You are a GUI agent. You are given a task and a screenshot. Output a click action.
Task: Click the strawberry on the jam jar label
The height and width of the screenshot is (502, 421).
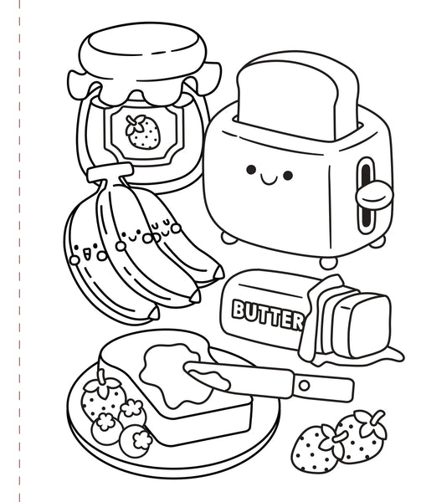click(142, 131)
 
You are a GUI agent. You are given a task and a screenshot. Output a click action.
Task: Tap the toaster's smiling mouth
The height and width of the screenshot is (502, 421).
click(270, 177)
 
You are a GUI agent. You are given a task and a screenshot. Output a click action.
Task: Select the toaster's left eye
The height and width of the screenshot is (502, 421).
click(250, 171)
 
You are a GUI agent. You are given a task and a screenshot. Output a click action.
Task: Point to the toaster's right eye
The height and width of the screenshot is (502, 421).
click(289, 176)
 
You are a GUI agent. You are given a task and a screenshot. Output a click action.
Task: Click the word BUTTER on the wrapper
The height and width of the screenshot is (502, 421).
click(268, 314)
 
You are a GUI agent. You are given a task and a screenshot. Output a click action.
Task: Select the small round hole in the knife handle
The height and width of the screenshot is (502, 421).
click(304, 386)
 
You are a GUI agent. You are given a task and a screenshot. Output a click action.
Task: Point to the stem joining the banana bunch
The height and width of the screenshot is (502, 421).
click(109, 173)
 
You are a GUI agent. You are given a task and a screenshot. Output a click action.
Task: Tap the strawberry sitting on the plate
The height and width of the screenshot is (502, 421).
click(100, 397)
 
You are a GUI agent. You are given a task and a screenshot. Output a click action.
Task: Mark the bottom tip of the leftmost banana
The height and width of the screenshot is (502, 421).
click(151, 315)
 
